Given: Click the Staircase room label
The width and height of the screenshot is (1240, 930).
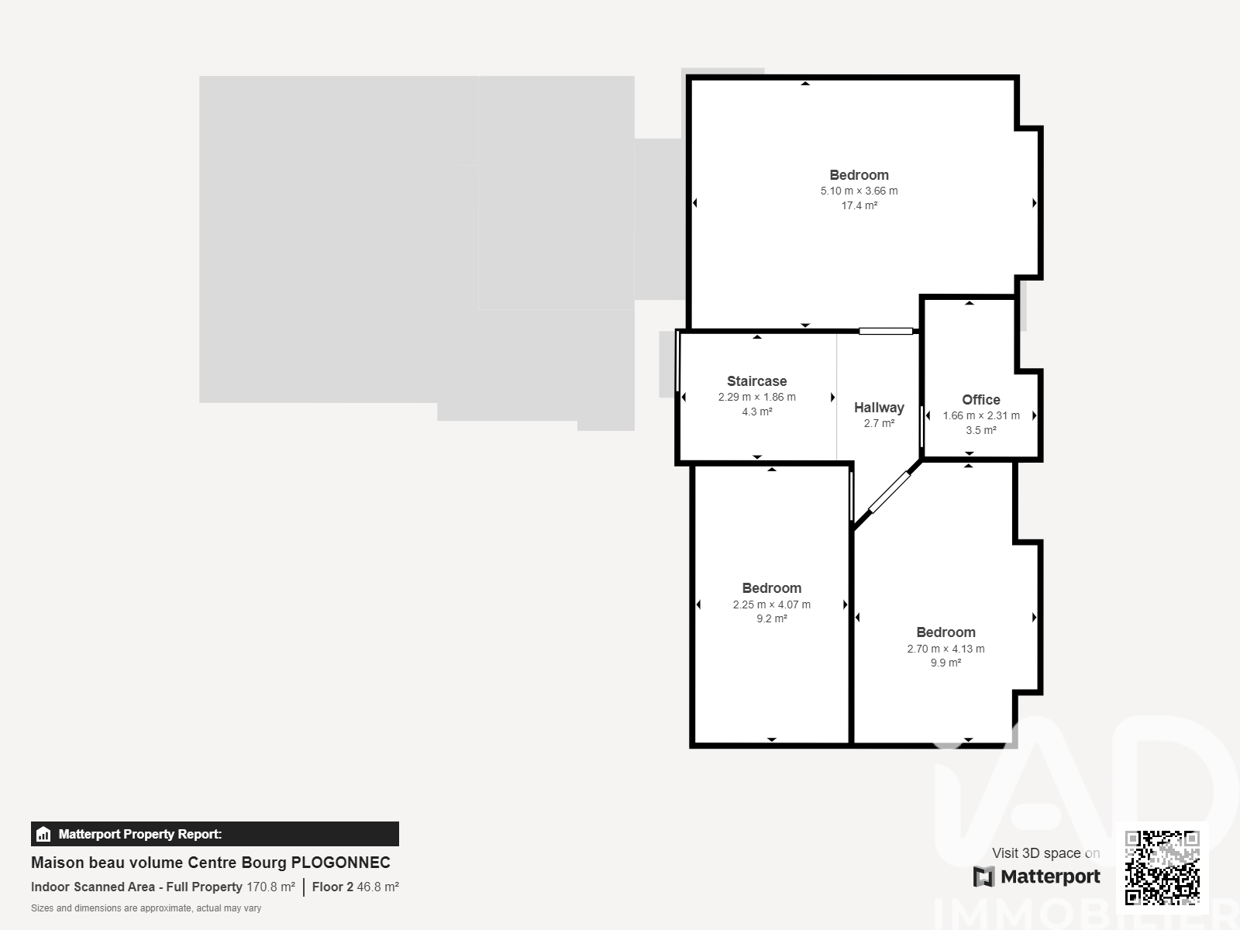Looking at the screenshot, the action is pos(756,381).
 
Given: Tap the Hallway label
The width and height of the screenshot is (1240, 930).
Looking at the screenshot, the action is pos(879,408).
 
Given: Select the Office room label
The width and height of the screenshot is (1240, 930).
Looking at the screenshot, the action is pos(980,400).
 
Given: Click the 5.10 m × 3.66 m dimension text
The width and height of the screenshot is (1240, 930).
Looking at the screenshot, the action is pos(859,191).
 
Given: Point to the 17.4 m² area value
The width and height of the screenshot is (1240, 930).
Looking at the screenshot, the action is pos(859,205).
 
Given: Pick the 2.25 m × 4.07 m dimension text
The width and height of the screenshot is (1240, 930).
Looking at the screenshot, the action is pos(772,604).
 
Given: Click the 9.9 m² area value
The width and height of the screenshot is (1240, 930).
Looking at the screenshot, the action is pos(945,663).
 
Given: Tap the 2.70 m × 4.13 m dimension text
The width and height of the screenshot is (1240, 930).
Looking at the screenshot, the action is pos(945,649).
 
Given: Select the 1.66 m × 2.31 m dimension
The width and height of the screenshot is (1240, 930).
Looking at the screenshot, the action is pos(981,415).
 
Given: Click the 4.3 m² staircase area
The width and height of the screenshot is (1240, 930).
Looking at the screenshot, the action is pos(757,412).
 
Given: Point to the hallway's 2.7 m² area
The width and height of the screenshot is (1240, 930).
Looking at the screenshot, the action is pos(879,423).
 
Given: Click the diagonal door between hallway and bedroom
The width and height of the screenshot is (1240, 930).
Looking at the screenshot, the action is pos(889,492).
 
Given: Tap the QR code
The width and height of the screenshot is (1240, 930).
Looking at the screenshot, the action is pos(1162,867).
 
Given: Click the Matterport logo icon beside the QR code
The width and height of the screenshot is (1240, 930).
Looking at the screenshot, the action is pos(983,877).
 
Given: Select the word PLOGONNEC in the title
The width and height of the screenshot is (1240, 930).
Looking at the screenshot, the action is pos(341,863).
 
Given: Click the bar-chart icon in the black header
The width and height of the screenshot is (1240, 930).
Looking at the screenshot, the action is pos(43,834).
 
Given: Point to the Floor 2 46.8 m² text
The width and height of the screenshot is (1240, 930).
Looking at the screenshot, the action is pos(355,887).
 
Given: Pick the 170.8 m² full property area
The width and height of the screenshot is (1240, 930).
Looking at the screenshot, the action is pos(270,887).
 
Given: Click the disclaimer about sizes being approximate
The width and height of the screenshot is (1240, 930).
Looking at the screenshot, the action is pos(146,908).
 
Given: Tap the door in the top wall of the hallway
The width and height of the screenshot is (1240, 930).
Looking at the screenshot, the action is pos(886,332).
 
